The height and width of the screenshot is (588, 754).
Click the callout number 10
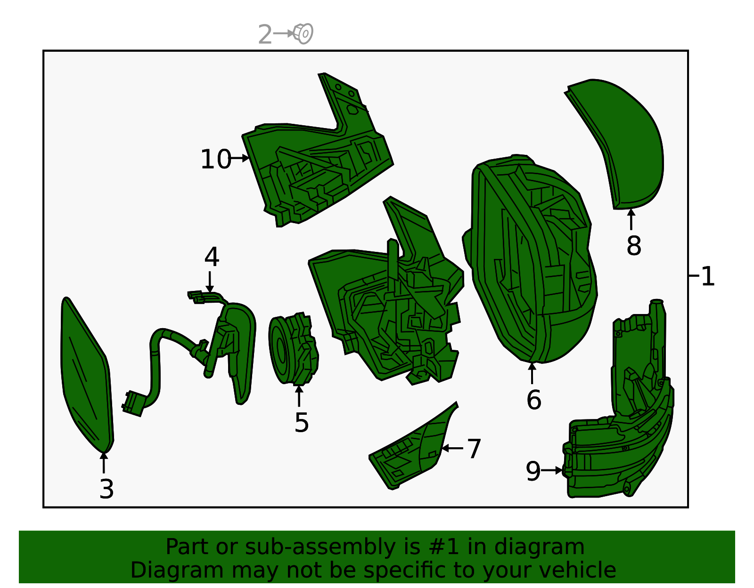(x=216, y=159)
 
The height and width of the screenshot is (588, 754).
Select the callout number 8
(x=634, y=245)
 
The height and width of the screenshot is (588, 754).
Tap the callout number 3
(x=107, y=489)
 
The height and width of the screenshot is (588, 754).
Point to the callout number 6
(x=533, y=400)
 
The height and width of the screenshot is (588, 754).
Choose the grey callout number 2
(x=265, y=34)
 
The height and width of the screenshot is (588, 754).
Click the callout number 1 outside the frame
(x=708, y=276)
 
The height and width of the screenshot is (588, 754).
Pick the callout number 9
(x=533, y=471)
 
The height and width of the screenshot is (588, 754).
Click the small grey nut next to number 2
(x=303, y=33)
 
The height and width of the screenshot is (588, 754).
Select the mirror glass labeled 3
(x=87, y=375)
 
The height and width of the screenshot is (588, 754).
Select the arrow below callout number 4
(x=210, y=282)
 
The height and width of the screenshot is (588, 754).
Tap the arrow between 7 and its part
(x=452, y=448)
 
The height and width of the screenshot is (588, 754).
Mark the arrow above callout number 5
(x=299, y=396)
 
